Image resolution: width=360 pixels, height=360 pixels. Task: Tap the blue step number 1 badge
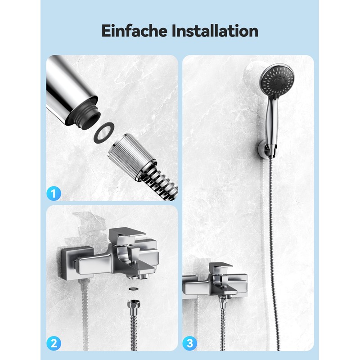(x=54, y=194)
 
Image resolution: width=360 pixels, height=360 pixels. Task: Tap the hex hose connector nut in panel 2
(x=133, y=305)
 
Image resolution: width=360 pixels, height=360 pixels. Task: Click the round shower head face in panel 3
(x=277, y=81)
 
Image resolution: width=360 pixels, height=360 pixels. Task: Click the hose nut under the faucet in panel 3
(x=223, y=299)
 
